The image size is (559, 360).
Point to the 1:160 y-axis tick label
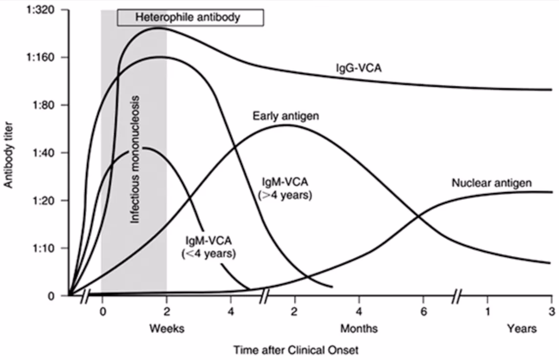(44, 58)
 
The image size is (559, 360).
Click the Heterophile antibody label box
(190, 18)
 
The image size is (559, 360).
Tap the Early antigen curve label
(286, 116)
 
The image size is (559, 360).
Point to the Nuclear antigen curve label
(491, 183)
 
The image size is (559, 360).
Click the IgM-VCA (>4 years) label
(284, 188)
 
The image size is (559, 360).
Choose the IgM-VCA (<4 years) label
(209, 247)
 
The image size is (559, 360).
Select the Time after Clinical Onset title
(296, 350)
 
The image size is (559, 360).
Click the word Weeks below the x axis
(167, 329)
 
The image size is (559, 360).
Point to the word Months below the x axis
(359, 329)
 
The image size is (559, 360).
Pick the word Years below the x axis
(522, 329)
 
